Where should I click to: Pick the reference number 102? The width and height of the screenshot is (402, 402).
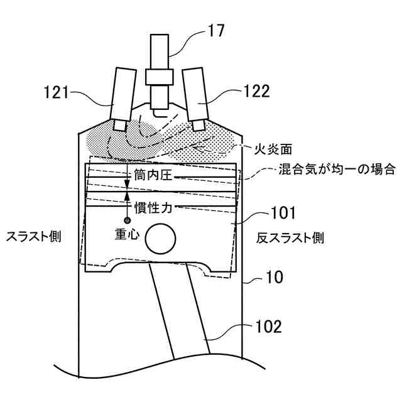coord(269,326)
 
